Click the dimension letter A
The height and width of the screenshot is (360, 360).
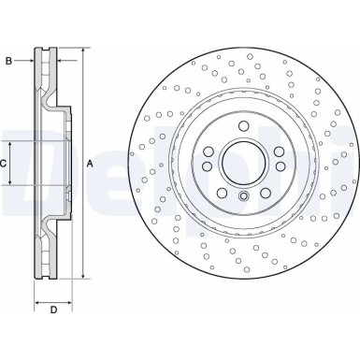(x=91, y=164)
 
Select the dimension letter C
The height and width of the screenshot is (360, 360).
(x=5, y=164)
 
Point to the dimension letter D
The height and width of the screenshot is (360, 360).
(x=53, y=310)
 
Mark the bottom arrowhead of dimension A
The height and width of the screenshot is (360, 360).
(x=82, y=276)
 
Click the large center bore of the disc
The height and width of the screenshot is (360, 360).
(x=243, y=164)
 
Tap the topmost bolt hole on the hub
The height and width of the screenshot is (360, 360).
(x=243, y=125)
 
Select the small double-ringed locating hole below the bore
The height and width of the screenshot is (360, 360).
(x=243, y=196)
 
